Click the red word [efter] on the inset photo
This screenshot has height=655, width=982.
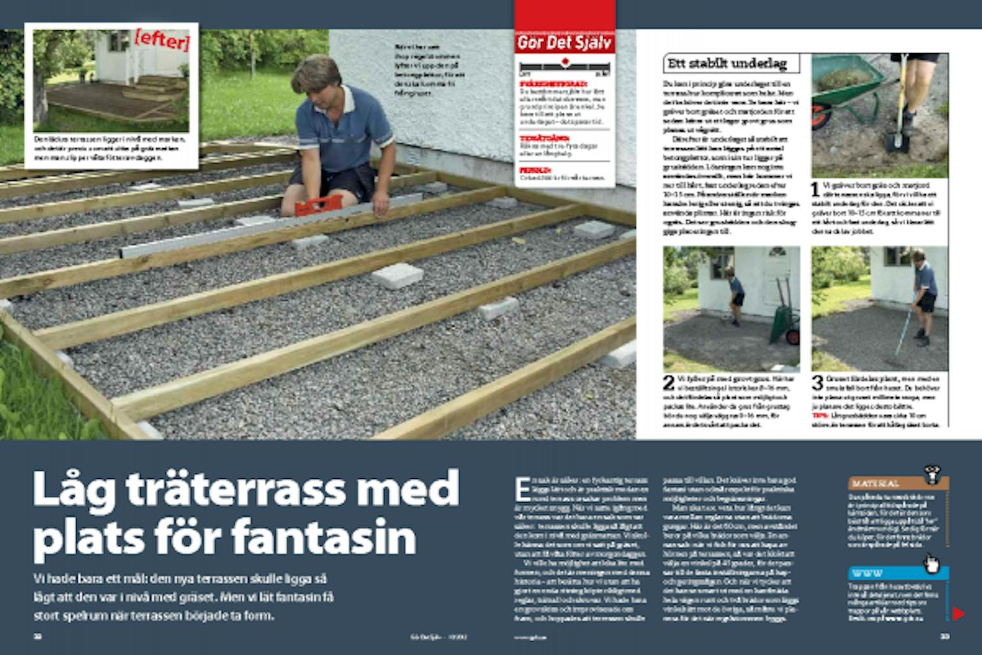tap(162, 40)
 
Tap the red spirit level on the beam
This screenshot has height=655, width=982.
tap(319, 205)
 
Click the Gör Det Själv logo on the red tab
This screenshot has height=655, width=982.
tap(564, 43)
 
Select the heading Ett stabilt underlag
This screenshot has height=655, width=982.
tap(727, 64)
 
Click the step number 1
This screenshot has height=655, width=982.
tap(816, 190)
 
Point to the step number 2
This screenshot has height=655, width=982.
tap(668, 383)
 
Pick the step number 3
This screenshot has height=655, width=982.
tap(818, 383)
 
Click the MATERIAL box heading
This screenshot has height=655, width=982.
tap(876, 483)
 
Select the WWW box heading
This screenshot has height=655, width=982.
tap(868, 573)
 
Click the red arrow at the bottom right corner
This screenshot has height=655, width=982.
tap(958, 614)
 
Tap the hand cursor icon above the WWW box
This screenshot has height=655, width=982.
tap(930, 563)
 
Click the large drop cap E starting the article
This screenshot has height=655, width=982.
tap(522, 489)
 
